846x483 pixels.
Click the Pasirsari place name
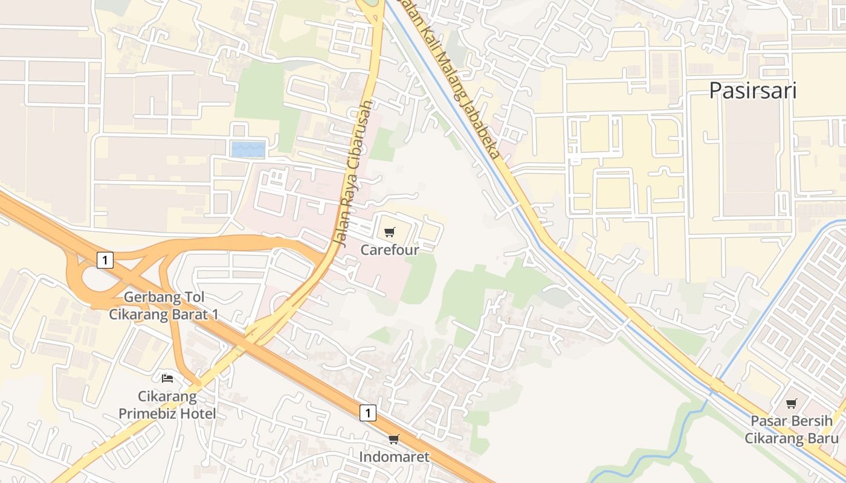click(x=752, y=91)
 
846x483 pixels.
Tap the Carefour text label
click(x=390, y=249)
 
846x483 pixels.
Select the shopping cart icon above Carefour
click(x=390, y=232)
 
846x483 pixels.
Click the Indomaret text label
click(x=394, y=457)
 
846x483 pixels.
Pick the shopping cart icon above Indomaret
click(x=394, y=439)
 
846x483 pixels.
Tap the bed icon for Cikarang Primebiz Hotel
click(x=167, y=379)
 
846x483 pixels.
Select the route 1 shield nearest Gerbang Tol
click(x=105, y=260)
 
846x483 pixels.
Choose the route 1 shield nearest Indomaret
click(x=368, y=413)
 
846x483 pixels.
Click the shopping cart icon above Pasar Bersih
click(x=791, y=403)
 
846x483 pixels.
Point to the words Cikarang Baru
click(x=791, y=438)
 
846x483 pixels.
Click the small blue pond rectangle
click(x=248, y=149)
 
